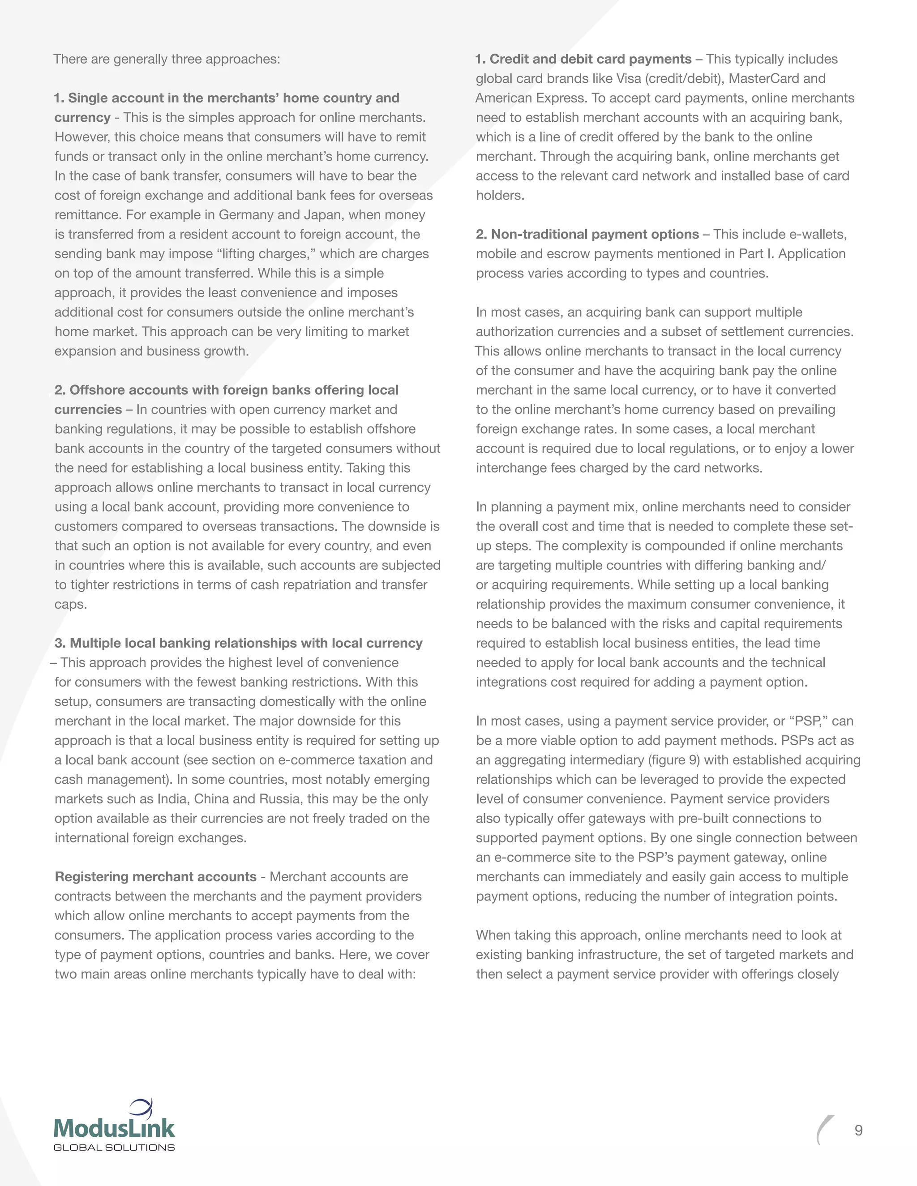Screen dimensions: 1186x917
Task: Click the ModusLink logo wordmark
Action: click(114, 1128)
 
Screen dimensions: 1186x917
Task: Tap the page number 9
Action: click(858, 1130)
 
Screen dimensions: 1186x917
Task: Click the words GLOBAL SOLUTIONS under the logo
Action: click(114, 1148)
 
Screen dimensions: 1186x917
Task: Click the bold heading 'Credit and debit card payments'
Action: click(590, 59)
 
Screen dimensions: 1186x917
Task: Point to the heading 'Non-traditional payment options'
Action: click(595, 234)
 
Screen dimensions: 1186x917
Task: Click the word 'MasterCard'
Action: click(763, 79)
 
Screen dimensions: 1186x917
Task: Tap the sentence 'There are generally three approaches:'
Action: click(167, 59)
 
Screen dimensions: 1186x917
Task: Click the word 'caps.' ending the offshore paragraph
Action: click(71, 604)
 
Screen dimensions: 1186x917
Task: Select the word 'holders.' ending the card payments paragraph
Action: click(500, 196)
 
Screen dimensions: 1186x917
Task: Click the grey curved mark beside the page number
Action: click(824, 1130)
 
